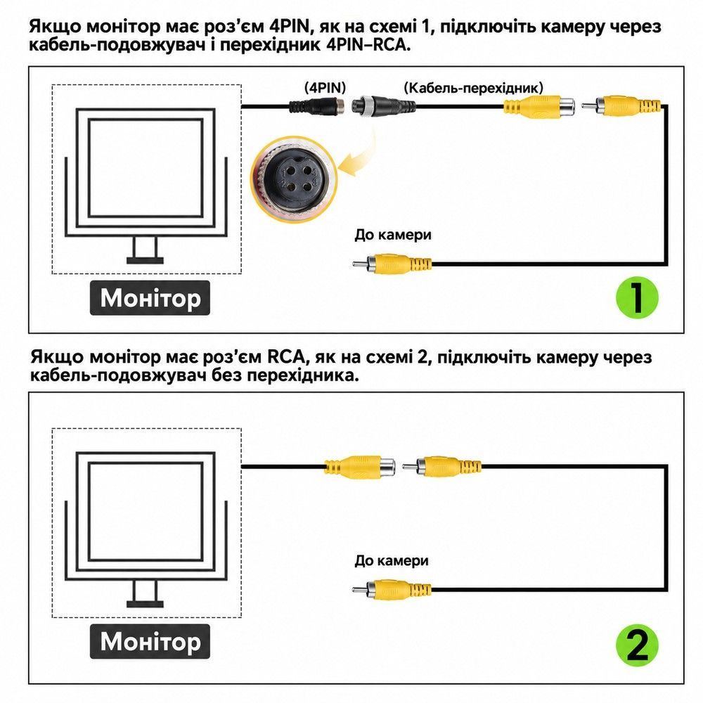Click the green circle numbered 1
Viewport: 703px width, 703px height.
click(x=637, y=297)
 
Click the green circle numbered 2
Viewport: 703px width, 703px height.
click(x=637, y=645)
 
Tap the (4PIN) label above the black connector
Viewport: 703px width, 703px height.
click(x=325, y=87)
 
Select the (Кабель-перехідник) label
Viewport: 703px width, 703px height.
click(x=473, y=87)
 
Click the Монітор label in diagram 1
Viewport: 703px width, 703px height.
click(x=150, y=298)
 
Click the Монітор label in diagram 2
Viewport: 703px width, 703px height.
click(x=150, y=642)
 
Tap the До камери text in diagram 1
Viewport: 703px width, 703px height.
click(x=393, y=235)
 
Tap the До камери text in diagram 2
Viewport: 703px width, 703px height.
click(x=392, y=560)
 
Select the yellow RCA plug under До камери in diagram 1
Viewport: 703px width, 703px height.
click(x=392, y=264)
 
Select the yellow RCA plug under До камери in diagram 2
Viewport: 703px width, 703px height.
click(x=392, y=590)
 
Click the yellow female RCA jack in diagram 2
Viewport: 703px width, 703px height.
click(x=360, y=467)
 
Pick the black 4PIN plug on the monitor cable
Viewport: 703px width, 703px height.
click(x=317, y=106)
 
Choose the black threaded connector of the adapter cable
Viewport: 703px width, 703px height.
click(x=383, y=107)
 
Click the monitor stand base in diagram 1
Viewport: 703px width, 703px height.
click(x=145, y=261)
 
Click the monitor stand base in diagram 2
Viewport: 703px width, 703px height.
click(x=145, y=604)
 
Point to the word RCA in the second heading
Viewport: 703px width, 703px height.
click(x=286, y=357)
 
